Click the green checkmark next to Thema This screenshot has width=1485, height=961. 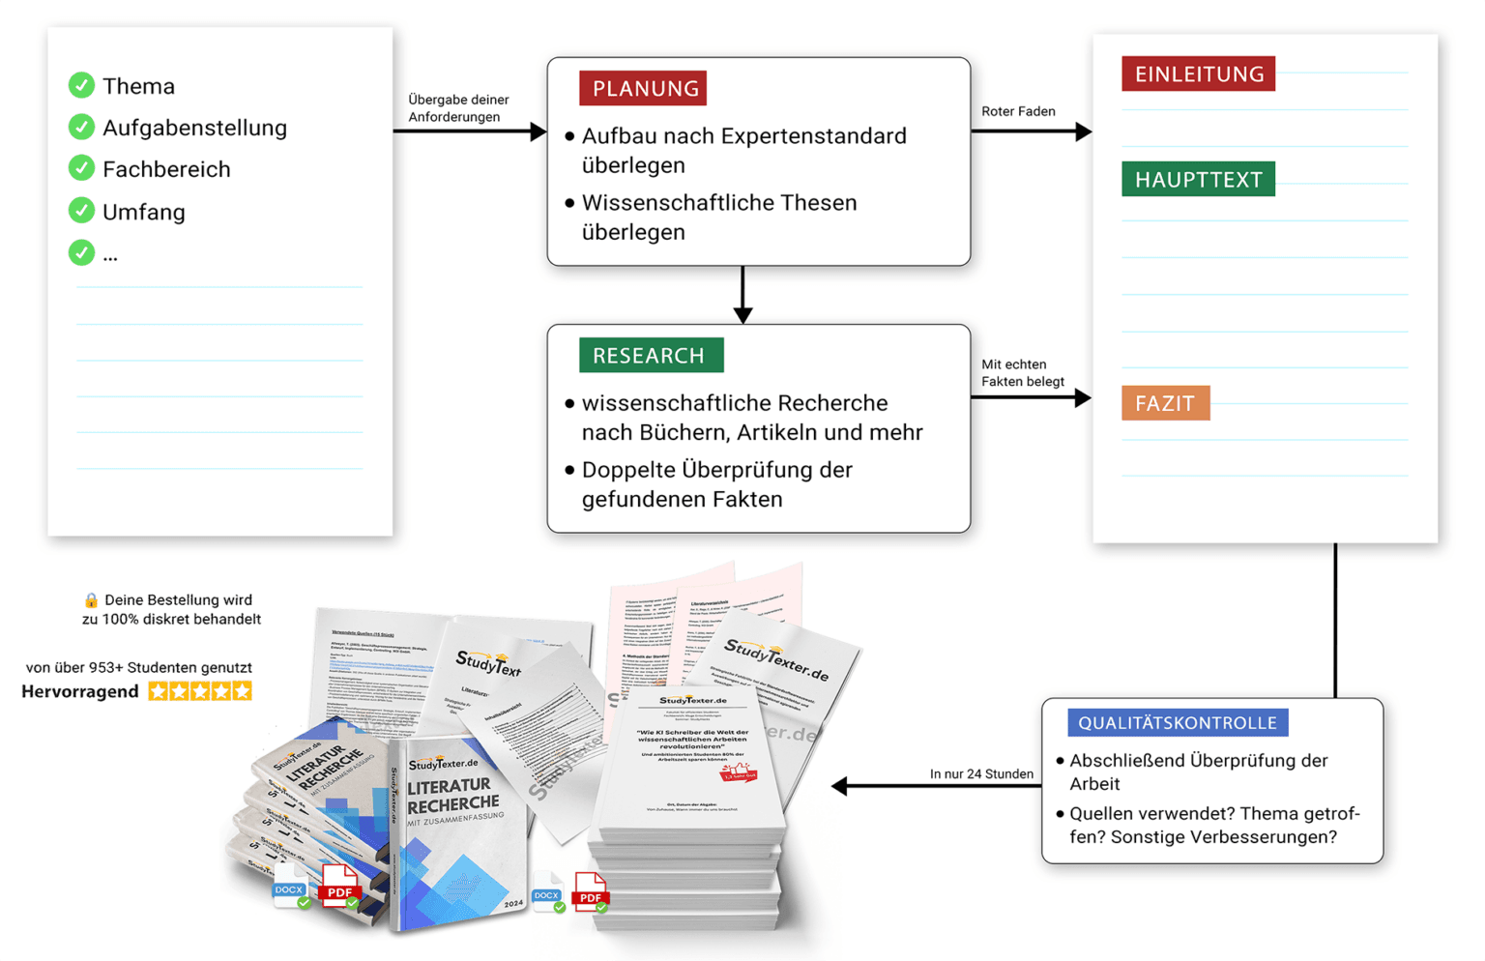[x=81, y=85]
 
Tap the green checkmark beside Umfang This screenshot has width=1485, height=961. [x=81, y=211]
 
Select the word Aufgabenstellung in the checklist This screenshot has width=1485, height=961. [x=194, y=128]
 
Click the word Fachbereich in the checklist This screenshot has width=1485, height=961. [x=166, y=169]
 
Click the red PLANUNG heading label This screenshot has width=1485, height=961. [x=644, y=89]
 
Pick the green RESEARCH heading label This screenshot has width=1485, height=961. [x=650, y=356]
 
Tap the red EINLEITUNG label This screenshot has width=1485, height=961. [x=1198, y=74]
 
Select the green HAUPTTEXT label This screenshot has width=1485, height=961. [x=1198, y=180]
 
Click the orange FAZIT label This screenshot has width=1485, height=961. [x=1165, y=403]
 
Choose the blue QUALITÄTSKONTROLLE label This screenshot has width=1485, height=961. [x=1177, y=723]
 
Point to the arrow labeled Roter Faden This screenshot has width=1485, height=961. [x=1032, y=131]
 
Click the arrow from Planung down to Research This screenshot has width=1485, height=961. [x=742, y=295]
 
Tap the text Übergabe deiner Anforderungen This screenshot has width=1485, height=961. [x=457, y=108]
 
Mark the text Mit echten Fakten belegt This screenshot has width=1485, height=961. [x=1022, y=373]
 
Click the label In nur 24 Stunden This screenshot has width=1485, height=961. [x=980, y=773]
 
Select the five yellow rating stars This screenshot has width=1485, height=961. [x=200, y=691]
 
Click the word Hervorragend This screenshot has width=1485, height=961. [x=79, y=691]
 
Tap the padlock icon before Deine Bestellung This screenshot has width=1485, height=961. [x=91, y=600]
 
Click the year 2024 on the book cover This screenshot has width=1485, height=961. [x=512, y=904]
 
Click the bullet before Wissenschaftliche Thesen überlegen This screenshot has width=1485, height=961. [x=569, y=203]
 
